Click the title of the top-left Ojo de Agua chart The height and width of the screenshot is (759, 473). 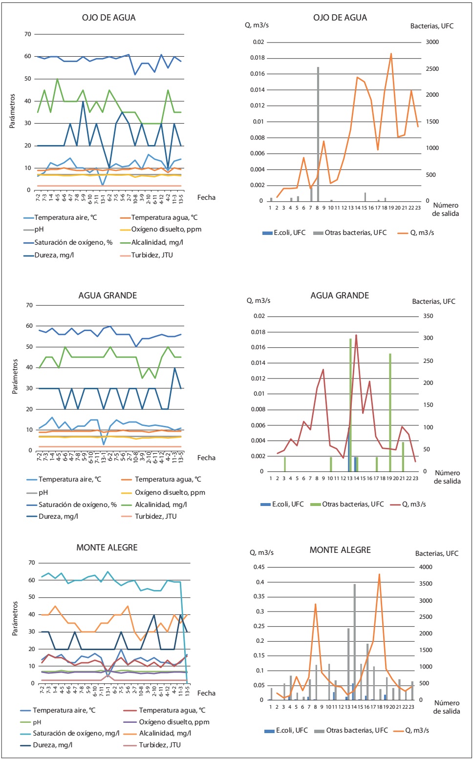(108, 18)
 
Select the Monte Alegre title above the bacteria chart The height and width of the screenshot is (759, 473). (340, 550)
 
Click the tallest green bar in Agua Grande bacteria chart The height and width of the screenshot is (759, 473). (350, 401)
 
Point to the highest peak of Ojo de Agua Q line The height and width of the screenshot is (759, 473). (391, 54)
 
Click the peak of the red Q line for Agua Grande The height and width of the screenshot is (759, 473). (356, 336)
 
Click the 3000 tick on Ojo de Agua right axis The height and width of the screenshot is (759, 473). (432, 42)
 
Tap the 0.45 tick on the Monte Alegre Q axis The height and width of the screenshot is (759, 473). (258, 567)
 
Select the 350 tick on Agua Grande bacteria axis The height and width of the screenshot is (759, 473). (428, 316)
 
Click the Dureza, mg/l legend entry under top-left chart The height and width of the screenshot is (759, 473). (54, 255)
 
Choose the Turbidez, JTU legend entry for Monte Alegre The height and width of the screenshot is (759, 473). (159, 745)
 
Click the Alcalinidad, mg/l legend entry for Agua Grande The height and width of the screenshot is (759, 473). (161, 505)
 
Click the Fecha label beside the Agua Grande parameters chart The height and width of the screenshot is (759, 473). (206, 458)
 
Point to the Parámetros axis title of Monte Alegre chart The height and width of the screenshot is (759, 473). (15, 618)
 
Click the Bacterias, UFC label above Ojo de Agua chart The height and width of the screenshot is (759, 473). (431, 26)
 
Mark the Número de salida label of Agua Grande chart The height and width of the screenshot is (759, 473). (447, 477)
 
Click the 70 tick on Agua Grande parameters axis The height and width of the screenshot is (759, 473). (29, 305)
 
